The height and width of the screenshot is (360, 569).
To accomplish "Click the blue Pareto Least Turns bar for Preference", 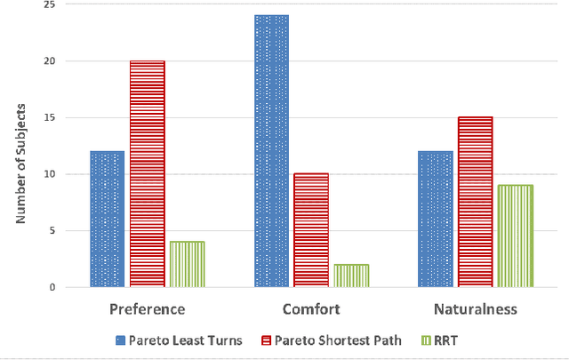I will click(x=107, y=219).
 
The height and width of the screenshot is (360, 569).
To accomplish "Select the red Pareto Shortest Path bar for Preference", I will click(x=147, y=174).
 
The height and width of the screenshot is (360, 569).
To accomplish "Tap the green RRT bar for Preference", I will click(x=187, y=264).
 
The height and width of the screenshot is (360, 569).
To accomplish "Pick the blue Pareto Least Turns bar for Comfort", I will click(x=271, y=151).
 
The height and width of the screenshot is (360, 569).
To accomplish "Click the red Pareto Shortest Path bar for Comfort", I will click(x=310, y=230).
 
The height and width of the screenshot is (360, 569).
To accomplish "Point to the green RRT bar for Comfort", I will click(x=350, y=276).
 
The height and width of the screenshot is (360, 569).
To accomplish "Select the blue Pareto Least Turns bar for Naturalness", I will click(x=436, y=219).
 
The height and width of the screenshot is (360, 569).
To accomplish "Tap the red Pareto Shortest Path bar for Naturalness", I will click(x=475, y=202).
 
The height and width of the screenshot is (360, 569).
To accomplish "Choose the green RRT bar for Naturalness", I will click(x=515, y=236).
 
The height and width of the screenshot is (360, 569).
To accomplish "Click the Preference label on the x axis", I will click(x=147, y=309).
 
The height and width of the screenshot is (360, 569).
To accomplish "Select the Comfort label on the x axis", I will click(x=310, y=309).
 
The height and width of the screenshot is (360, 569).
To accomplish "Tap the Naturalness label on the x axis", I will click(x=475, y=309).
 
